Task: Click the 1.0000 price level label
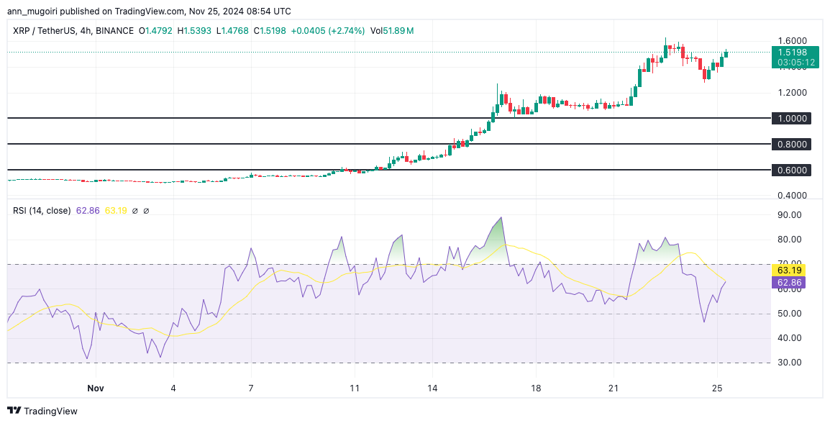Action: (x=791, y=118)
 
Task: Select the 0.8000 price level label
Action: (x=791, y=145)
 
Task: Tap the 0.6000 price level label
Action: (x=791, y=170)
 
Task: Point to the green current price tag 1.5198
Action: (x=795, y=53)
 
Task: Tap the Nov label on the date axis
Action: (x=96, y=388)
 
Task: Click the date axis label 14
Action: (x=432, y=388)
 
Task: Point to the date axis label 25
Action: (x=716, y=388)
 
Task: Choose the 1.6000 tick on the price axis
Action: (x=792, y=41)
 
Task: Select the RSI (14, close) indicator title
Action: (x=42, y=211)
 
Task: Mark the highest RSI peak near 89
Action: (x=501, y=217)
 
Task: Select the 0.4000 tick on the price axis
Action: (x=792, y=196)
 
